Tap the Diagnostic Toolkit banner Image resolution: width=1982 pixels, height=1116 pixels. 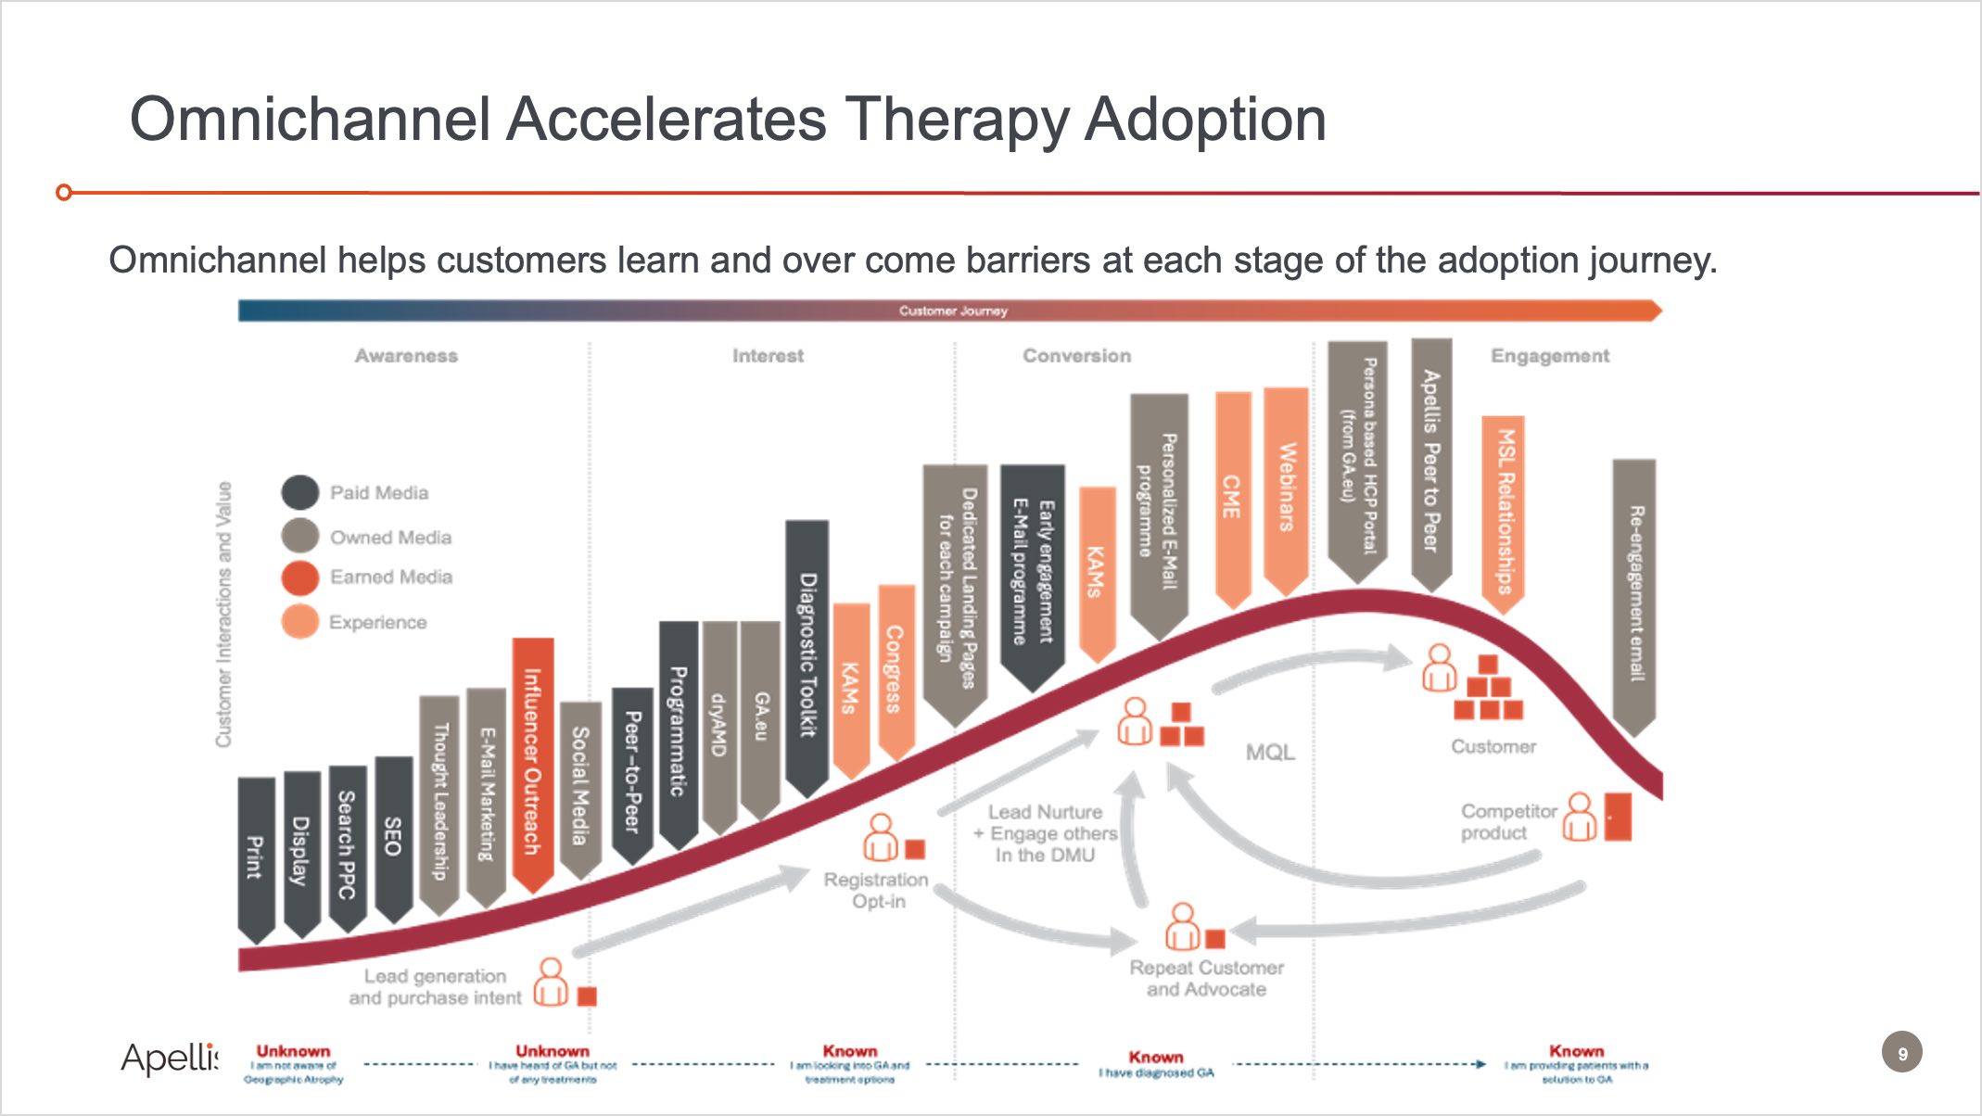tap(807, 654)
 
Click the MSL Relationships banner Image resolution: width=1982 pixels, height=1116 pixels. tap(1503, 511)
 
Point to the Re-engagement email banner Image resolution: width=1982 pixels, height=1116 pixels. tap(1634, 593)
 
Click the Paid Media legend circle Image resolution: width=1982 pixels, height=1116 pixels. tap(300, 492)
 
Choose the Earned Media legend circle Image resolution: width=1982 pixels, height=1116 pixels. tap(300, 577)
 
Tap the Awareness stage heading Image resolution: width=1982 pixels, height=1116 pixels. tap(406, 356)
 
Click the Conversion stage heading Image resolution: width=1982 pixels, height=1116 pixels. tap(1076, 356)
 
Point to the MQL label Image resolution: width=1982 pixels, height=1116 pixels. tap(1269, 753)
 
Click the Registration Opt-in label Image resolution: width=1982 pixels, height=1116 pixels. tap(876, 890)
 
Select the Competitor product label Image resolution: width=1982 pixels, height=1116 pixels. tap(1508, 821)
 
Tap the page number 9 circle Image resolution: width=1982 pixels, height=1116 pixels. tap(1901, 1053)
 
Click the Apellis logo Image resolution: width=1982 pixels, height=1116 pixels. tap(170, 1058)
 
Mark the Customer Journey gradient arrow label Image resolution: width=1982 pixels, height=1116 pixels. tap(952, 311)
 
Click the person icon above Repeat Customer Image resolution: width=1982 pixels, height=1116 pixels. tap(1182, 926)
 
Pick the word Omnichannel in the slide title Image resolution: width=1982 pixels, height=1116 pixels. tap(311, 120)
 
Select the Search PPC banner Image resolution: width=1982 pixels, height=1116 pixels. tap(347, 844)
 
